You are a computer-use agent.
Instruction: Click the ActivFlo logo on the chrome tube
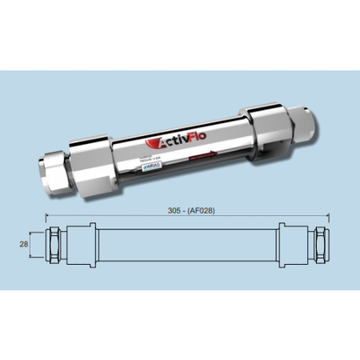coord(177,144)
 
